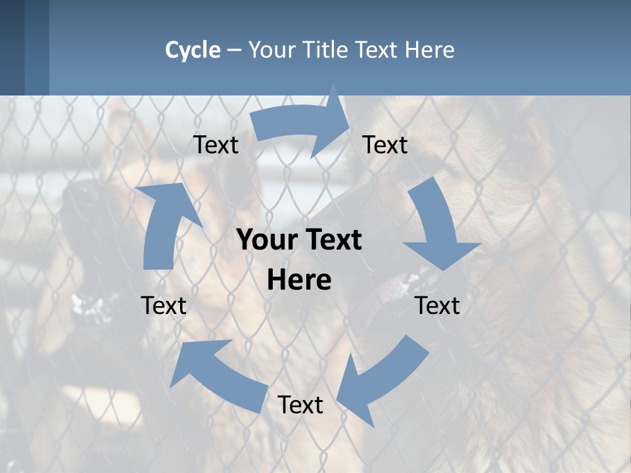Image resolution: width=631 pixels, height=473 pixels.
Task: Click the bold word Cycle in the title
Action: point(193,50)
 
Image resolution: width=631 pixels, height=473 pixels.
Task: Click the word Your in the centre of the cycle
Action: point(267,240)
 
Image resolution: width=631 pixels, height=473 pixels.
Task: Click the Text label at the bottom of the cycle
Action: point(300,405)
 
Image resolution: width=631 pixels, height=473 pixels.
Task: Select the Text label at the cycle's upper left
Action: point(216,145)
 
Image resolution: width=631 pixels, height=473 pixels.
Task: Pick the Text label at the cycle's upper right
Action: point(385,145)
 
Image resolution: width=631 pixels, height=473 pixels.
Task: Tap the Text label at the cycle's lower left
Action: point(164,305)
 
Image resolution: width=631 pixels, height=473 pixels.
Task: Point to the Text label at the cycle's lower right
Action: point(438,305)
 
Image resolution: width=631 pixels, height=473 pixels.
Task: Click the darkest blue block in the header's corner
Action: point(12,47)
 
